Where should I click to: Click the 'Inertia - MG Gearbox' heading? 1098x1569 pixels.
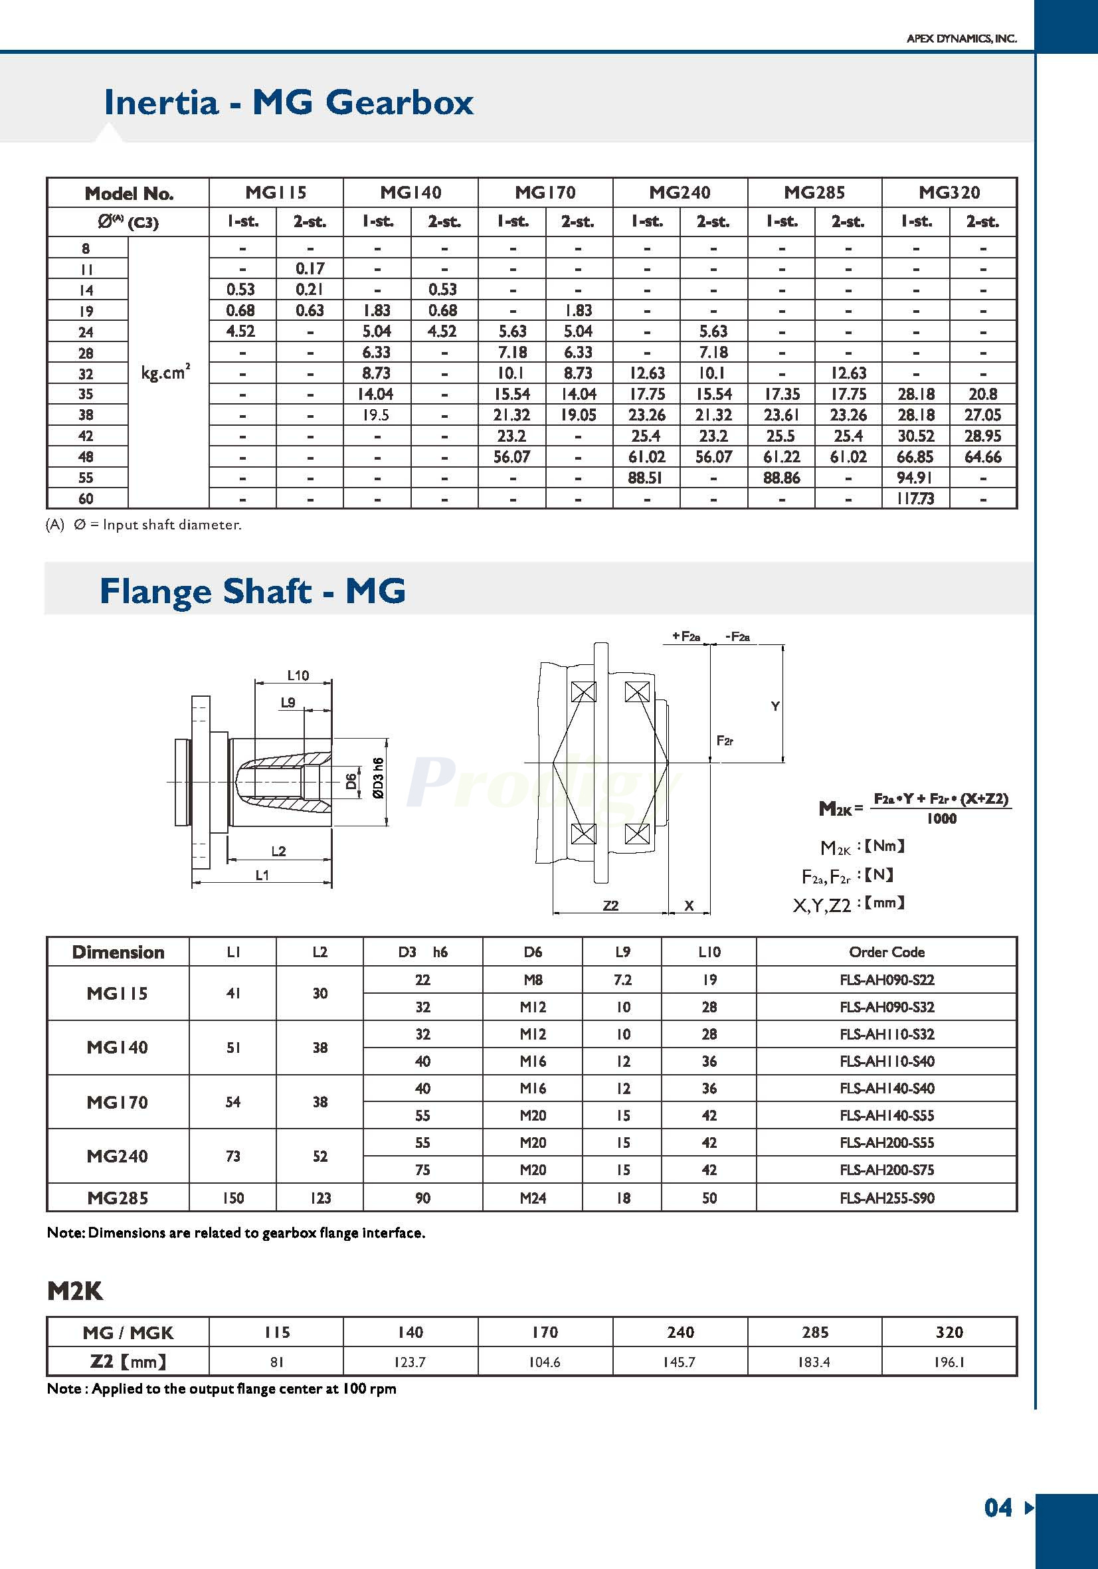pos(288,102)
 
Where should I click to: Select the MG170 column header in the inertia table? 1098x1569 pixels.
pos(545,193)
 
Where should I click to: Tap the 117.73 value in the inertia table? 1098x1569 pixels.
pos(915,499)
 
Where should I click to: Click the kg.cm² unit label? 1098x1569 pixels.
pos(165,373)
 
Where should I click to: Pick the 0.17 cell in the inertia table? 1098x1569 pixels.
pos(310,268)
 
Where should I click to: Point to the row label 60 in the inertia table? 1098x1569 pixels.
pos(86,499)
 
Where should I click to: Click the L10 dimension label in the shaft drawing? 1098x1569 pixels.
pos(298,675)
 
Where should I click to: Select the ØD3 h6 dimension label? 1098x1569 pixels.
pos(379,778)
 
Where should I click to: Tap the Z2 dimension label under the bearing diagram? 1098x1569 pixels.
pos(610,905)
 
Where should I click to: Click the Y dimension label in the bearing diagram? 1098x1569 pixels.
pos(775,707)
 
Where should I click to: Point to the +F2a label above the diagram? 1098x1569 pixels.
pos(686,636)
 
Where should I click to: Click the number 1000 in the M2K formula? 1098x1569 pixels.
pos(941,818)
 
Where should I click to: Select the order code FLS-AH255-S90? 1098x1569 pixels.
pos(886,1198)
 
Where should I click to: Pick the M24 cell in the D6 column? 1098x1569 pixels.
pos(532,1198)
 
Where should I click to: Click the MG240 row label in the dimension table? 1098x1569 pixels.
pos(117,1156)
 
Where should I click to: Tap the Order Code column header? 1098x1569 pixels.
pos(886,952)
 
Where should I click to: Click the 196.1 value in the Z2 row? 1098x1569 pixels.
pos(949,1362)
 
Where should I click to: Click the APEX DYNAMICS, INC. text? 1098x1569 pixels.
pos(961,39)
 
